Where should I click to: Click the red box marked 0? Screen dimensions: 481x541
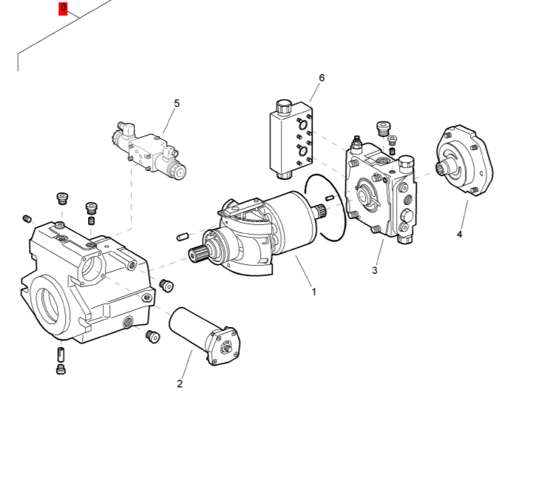(63, 9)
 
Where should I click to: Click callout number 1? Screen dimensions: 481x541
(313, 292)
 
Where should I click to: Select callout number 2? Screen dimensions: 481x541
(180, 383)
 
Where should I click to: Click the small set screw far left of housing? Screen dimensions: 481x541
(28, 218)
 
